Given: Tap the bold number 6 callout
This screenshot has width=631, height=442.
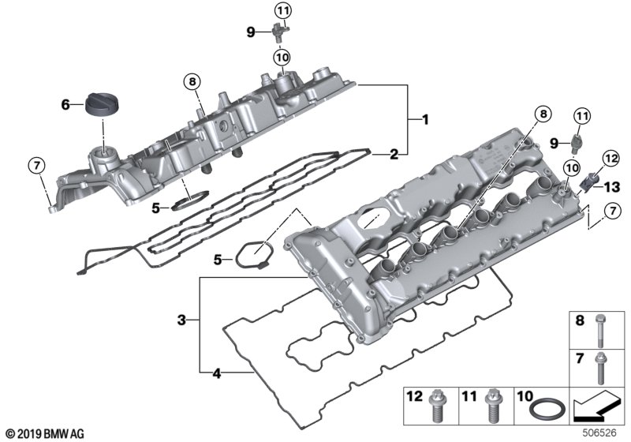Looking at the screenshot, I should point(67,103).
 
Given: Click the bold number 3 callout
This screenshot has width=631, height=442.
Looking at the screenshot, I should point(182,320).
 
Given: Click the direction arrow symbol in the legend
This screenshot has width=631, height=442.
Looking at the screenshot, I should point(597,407).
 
